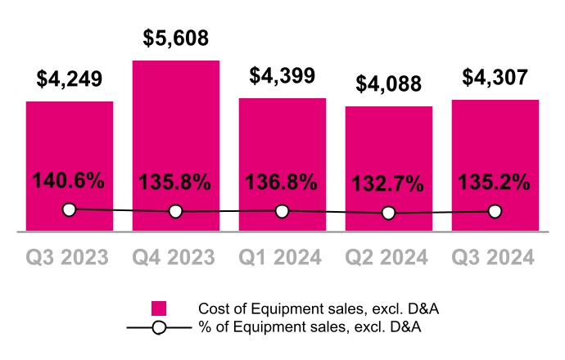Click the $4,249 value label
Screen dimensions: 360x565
coord(70,79)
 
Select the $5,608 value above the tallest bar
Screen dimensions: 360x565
coord(175,38)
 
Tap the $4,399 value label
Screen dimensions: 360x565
coord(282,76)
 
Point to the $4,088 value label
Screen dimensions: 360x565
coord(389,83)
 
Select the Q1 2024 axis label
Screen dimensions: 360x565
coord(282,257)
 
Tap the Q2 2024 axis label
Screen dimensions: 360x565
coord(388,257)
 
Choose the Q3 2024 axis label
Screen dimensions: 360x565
coord(495,257)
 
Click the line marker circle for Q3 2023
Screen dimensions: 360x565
coord(69,209)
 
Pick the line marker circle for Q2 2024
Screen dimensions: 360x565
coord(389,213)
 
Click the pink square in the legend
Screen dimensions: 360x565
coord(160,308)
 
